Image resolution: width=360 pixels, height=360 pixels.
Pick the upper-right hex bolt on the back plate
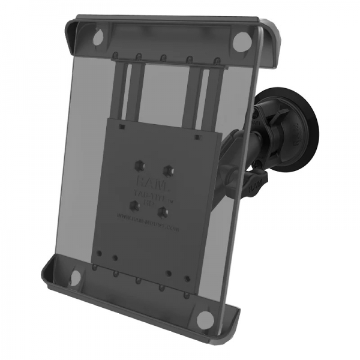click(x=170, y=168)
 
